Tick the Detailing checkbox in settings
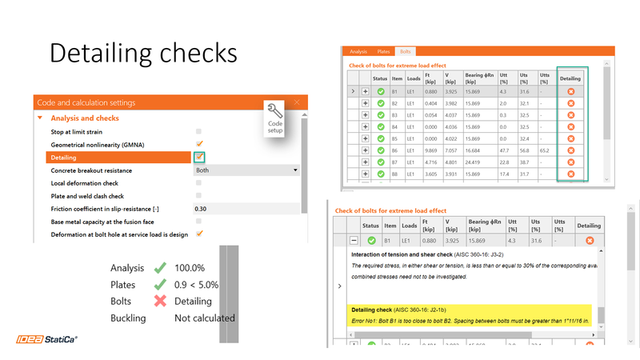click(x=199, y=158)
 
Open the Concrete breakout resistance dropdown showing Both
click(x=246, y=170)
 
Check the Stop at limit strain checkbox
click(x=199, y=131)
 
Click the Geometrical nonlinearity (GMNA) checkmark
click(x=199, y=144)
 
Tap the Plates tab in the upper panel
click(x=383, y=51)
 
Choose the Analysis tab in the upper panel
click(x=358, y=51)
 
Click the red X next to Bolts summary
click(x=159, y=301)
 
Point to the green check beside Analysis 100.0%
click(x=159, y=269)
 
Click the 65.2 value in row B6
click(x=543, y=150)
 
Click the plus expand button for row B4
click(x=366, y=126)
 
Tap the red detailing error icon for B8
click(x=570, y=174)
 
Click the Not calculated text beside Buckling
click(x=205, y=318)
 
